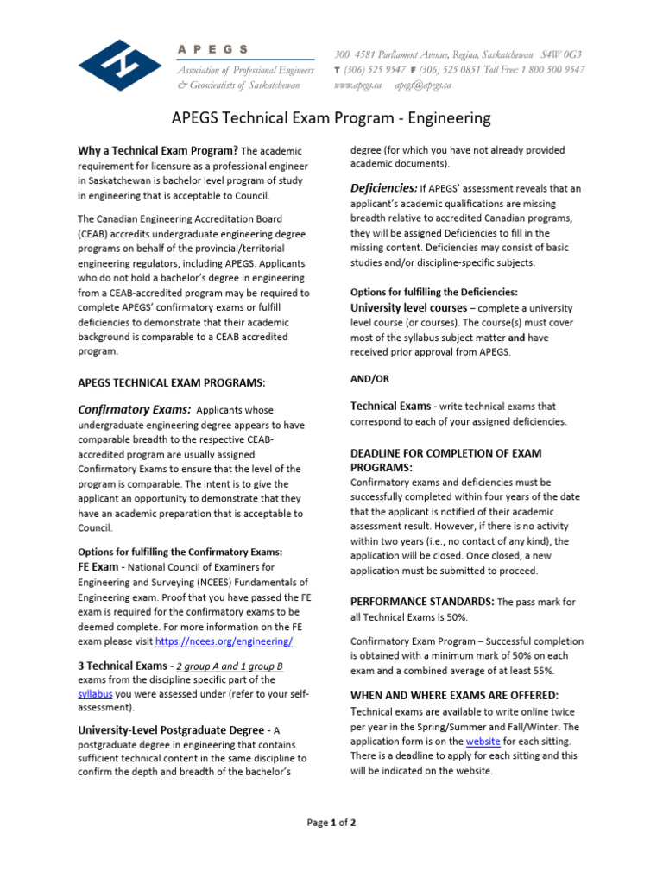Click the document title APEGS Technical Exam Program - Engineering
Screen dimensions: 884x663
pyautogui.click(x=331, y=117)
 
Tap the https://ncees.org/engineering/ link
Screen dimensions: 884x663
pyautogui.click(x=224, y=641)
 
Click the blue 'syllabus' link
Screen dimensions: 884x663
pyautogui.click(x=95, y=694)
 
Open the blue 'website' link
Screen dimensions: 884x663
pyautogui.click(x=482, y=741)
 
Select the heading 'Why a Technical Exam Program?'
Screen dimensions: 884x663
pyautogui.click(x=158, y=151)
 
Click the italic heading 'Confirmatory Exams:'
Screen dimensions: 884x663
pyautogui.click(x=135, y=410)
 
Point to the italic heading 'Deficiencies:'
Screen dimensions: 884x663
pyautogui.click(x=383, y=188)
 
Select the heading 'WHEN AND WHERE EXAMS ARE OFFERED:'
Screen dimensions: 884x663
pyautogui.click(x=454, y=695)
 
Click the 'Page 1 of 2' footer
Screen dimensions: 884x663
pyautogui.click(x=331, y=823)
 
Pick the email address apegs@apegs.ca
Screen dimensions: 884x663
pyautogui.click(x=424, y=85)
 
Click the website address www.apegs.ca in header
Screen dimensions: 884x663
pyautogui.click(x=358, y=85)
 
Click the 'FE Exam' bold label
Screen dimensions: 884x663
pyautogui.click(x=98, y=567)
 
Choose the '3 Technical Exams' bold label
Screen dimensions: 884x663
pyautogui.click(x=122, y=666)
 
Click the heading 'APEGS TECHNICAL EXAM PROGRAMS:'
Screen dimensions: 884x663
pyautogui.click(x=172, y=382)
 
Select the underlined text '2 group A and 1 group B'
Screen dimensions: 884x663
pyautogui.click(x=229, y=666)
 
